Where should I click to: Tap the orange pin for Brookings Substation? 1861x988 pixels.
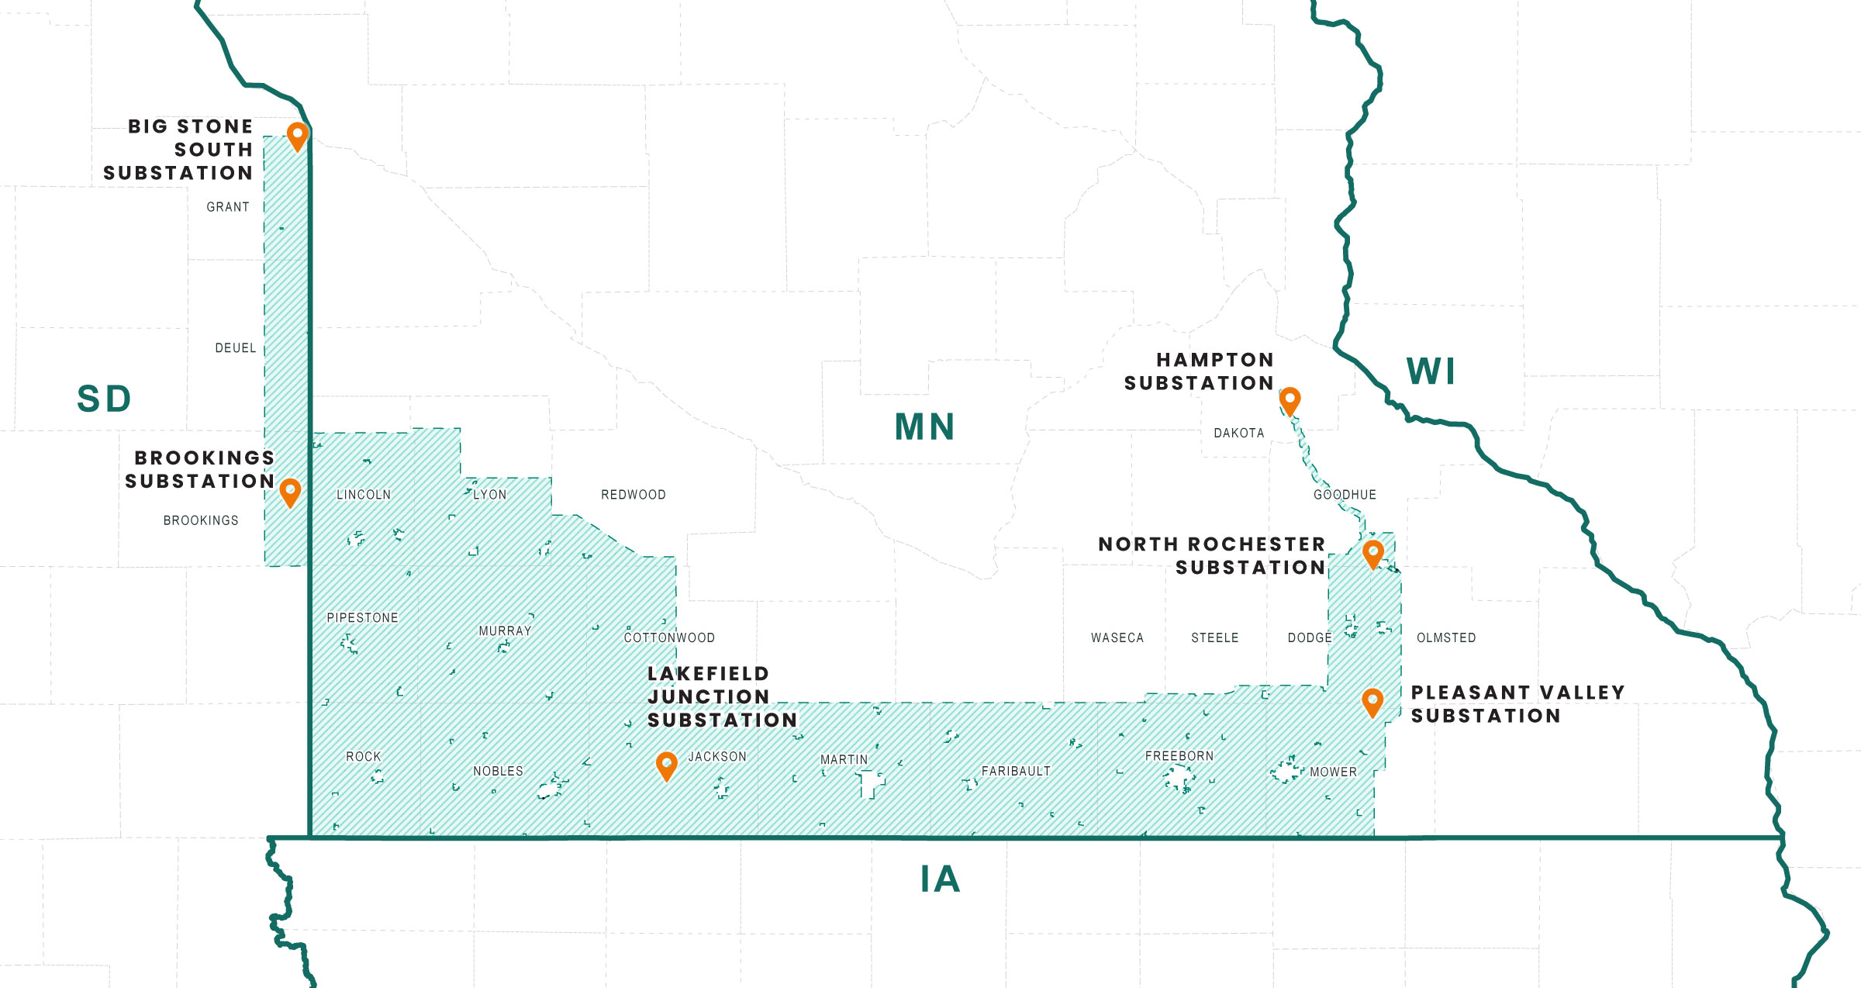coord(290,491)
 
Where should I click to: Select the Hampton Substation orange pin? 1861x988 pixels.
coord(1290,400)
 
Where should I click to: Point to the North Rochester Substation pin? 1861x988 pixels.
coord(1373,553)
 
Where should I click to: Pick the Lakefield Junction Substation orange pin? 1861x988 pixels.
coord(666,765)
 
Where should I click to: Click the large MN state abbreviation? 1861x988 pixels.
coord(924,427)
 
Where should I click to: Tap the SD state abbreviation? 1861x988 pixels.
coord(104,399)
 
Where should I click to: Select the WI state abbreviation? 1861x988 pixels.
coord(1431,371)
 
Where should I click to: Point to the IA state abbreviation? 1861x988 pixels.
coord(941,879)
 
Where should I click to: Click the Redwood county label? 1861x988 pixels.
coord(633,495)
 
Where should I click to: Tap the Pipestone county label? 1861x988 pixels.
coord(362,618)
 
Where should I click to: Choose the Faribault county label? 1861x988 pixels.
coord(1016,771)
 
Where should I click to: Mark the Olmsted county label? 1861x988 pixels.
coord(1446,638)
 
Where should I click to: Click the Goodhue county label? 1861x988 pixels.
coord(1345,495)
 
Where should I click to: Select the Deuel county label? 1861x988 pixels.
coord(235,348)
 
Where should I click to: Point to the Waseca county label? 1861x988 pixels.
coord(1117,638)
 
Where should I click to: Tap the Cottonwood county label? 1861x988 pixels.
coord(669,638)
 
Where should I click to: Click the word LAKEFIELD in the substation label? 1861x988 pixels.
coord(708,674)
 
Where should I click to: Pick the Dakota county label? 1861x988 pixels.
coord(1238,434)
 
